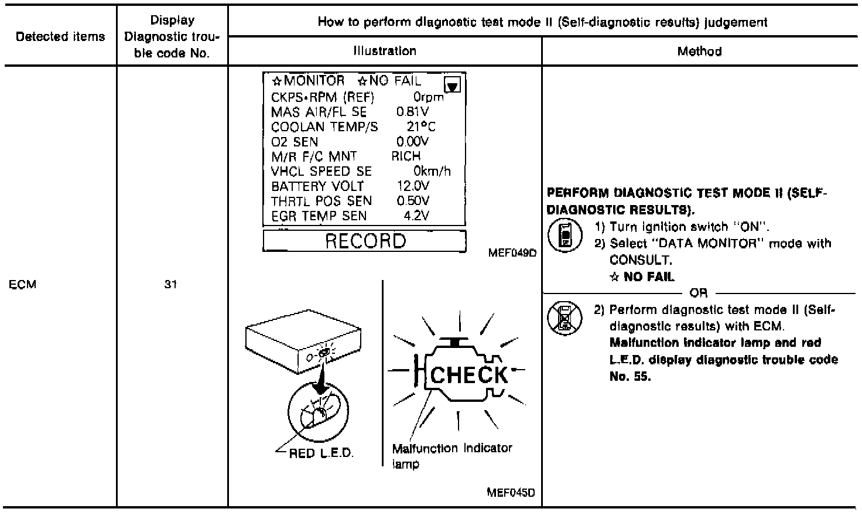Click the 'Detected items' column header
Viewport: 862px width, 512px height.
pos(60,36)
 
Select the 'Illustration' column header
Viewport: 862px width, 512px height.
pos(385,51)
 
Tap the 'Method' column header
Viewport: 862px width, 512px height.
pos(699,51)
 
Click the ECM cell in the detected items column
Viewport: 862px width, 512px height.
pos(23,285)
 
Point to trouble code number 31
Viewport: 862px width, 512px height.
pos(170,285)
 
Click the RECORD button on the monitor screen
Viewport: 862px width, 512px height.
pos(364,241)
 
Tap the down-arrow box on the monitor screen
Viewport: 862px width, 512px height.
pos(453,86)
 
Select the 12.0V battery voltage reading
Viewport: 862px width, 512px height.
pos(413,186)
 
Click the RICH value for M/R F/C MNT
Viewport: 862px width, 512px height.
pos(406,156)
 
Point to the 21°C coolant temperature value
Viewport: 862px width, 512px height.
pos(420,127)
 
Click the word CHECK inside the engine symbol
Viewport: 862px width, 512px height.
pos(469,375)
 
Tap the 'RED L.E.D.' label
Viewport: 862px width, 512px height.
pos(321,453)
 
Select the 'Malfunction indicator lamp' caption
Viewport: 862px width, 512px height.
pos(451,456)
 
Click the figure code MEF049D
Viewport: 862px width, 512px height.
pos(511,253)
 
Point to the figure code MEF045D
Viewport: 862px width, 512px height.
pos(511,493)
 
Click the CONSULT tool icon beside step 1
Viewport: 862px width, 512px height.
pos(564,235)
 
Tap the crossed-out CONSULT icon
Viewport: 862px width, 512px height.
pos(564,318)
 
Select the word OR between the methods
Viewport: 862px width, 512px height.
pos(698,293)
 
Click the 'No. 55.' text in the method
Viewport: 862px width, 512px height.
pos(630,377)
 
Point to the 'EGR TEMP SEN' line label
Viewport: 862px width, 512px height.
pos(319,216)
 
